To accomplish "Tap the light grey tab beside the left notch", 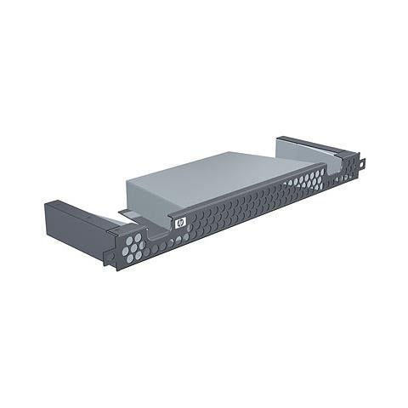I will click(127, 213).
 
